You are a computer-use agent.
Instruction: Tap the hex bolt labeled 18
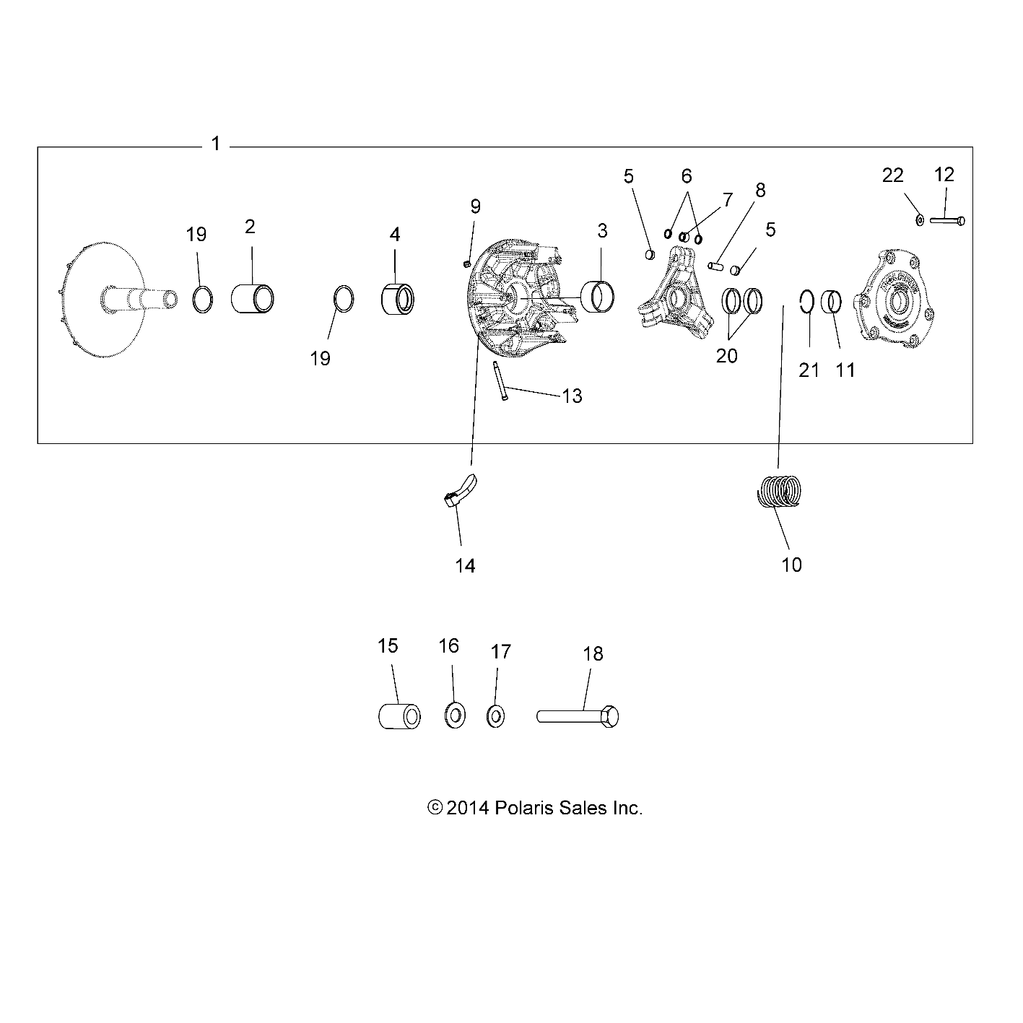578,716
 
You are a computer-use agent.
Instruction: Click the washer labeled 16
454,716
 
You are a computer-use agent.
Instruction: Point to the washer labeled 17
496,717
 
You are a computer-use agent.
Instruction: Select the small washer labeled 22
920,219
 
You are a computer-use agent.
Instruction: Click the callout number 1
215,144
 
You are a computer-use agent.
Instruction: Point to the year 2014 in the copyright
468,808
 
